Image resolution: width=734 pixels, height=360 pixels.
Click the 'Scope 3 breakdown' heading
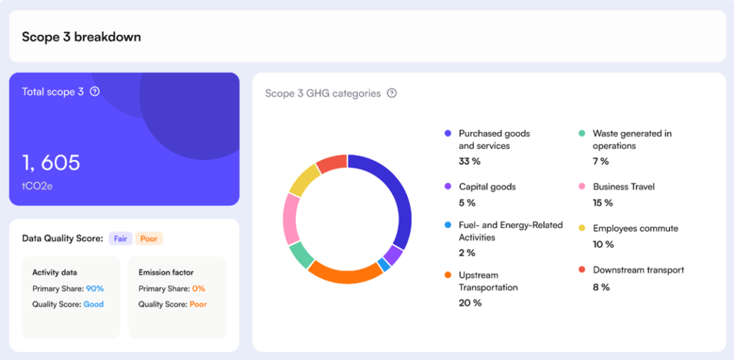(x=81, y=37)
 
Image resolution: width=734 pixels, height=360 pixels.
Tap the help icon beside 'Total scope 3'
(x=95, y=92)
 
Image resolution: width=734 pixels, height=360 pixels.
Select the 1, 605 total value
(x=51, y=164)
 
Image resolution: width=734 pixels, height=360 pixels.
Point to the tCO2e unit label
(x=37, y=186)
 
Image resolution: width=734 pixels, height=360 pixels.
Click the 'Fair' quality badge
(x=120, y=239)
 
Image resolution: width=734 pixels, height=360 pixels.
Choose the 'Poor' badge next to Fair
(x=148, y=239)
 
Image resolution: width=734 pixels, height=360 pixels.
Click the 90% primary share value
(x=95, y=288)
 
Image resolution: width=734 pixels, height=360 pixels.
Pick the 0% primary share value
(x=199, y=288)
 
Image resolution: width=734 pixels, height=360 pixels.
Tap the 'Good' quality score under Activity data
(x=93, y=304)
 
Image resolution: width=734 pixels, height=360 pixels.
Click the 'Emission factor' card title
(x=166, y=273)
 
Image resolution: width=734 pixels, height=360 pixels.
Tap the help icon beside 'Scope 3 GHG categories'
(x=391, y=93)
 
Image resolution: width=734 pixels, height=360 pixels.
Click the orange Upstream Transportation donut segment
(x=345, y=273)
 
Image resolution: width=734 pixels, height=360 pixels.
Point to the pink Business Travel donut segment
(x=291, y=218)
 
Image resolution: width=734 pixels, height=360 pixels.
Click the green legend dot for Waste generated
(x=582, y=133)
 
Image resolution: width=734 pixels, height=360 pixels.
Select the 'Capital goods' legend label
(x=487, y=186)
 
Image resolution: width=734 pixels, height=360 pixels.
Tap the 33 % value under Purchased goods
(x=470, y=161)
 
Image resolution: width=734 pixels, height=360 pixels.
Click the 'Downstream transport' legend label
(x=638, y=270)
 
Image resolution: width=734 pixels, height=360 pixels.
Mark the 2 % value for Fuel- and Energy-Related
(x=467, y=252)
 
